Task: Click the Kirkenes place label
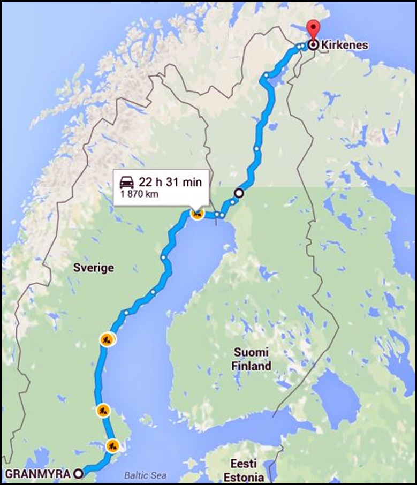tap(344, 45)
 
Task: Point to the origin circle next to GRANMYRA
tap(79, 473)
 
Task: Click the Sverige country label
tap(94, 268)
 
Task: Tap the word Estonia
tap(247, 476)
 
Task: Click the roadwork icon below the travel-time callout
tap(197, 214)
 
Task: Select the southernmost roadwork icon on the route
tap(112, 445)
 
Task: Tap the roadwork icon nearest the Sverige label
tap(107, 339)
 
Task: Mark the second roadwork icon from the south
tap(103, 411)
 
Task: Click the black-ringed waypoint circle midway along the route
tap(239, 193)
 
